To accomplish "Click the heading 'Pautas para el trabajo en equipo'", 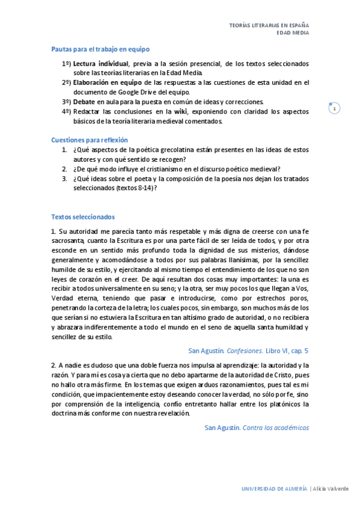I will pyautogui.click(x=100, y=49).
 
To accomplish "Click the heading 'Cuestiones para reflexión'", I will pyautogui.click(x=90, y=140).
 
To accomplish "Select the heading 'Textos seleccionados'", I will pyautogui.click(x=83, y=217).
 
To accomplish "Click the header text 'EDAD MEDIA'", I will pyautogui.click(x=292, y=34).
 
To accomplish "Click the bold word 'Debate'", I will pyautogui.click(x=84, y=102).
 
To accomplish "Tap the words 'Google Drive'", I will pyautogui.click(x=147, y=93).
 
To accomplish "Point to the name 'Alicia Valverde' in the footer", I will pyautogui.click(x=331, y=488).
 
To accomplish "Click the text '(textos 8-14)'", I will pyautogui.click(x=136, y=188).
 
